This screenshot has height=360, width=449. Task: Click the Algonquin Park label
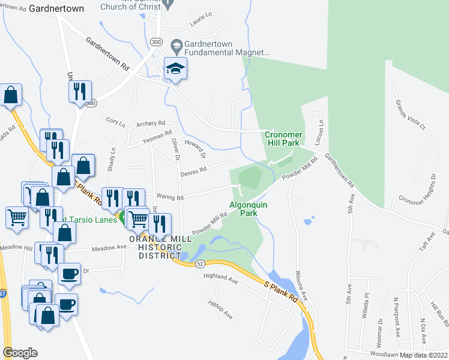(x=244, y=209)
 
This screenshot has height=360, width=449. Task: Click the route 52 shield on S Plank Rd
(x=200, y=263)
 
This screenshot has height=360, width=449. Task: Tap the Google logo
(x=20, y=353)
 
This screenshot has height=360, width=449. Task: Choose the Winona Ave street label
(x=301, y=286)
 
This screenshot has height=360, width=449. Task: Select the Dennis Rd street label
(x=193, y=172)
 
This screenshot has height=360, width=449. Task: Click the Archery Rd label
(x=151, y=124)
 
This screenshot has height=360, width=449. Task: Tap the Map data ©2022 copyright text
(x=424, y=355)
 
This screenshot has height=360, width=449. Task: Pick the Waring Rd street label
(x=170, y=197)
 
